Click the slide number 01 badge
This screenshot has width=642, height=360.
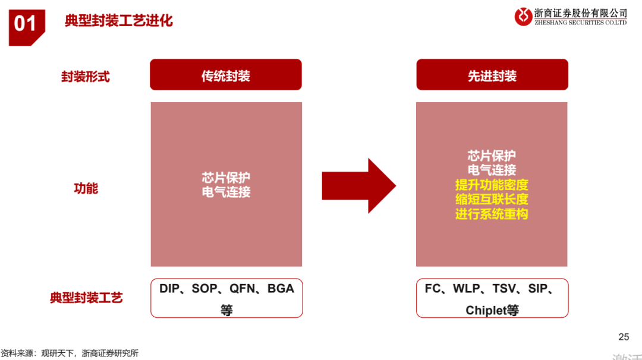pos(27,27)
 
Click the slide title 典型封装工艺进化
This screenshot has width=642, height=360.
pos(119,20)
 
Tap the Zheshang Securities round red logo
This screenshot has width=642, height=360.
pos(523,17)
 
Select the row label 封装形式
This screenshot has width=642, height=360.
pos(86,77)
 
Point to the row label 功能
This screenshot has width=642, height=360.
pos(86,188)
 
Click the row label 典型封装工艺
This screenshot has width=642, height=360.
pos(86,298)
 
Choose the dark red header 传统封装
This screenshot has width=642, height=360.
pos(226,75)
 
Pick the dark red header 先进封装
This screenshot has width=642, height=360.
pos(492,75)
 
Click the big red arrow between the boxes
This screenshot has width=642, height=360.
pos(358,186)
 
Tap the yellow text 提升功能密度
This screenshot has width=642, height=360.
pos(492,185)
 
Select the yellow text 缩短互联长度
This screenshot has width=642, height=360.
pos(492,200)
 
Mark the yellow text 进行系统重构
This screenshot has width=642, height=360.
pos(492,214)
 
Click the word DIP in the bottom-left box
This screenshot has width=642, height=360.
pos(169,289)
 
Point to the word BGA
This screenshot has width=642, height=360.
pos(281,289)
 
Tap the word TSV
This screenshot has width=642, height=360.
pos(504,289)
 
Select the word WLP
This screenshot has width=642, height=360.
pos(467,289)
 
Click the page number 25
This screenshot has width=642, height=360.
pos(624,337)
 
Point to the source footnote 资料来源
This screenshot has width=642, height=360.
pos(17,353)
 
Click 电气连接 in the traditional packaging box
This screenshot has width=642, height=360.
pos(226,192)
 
